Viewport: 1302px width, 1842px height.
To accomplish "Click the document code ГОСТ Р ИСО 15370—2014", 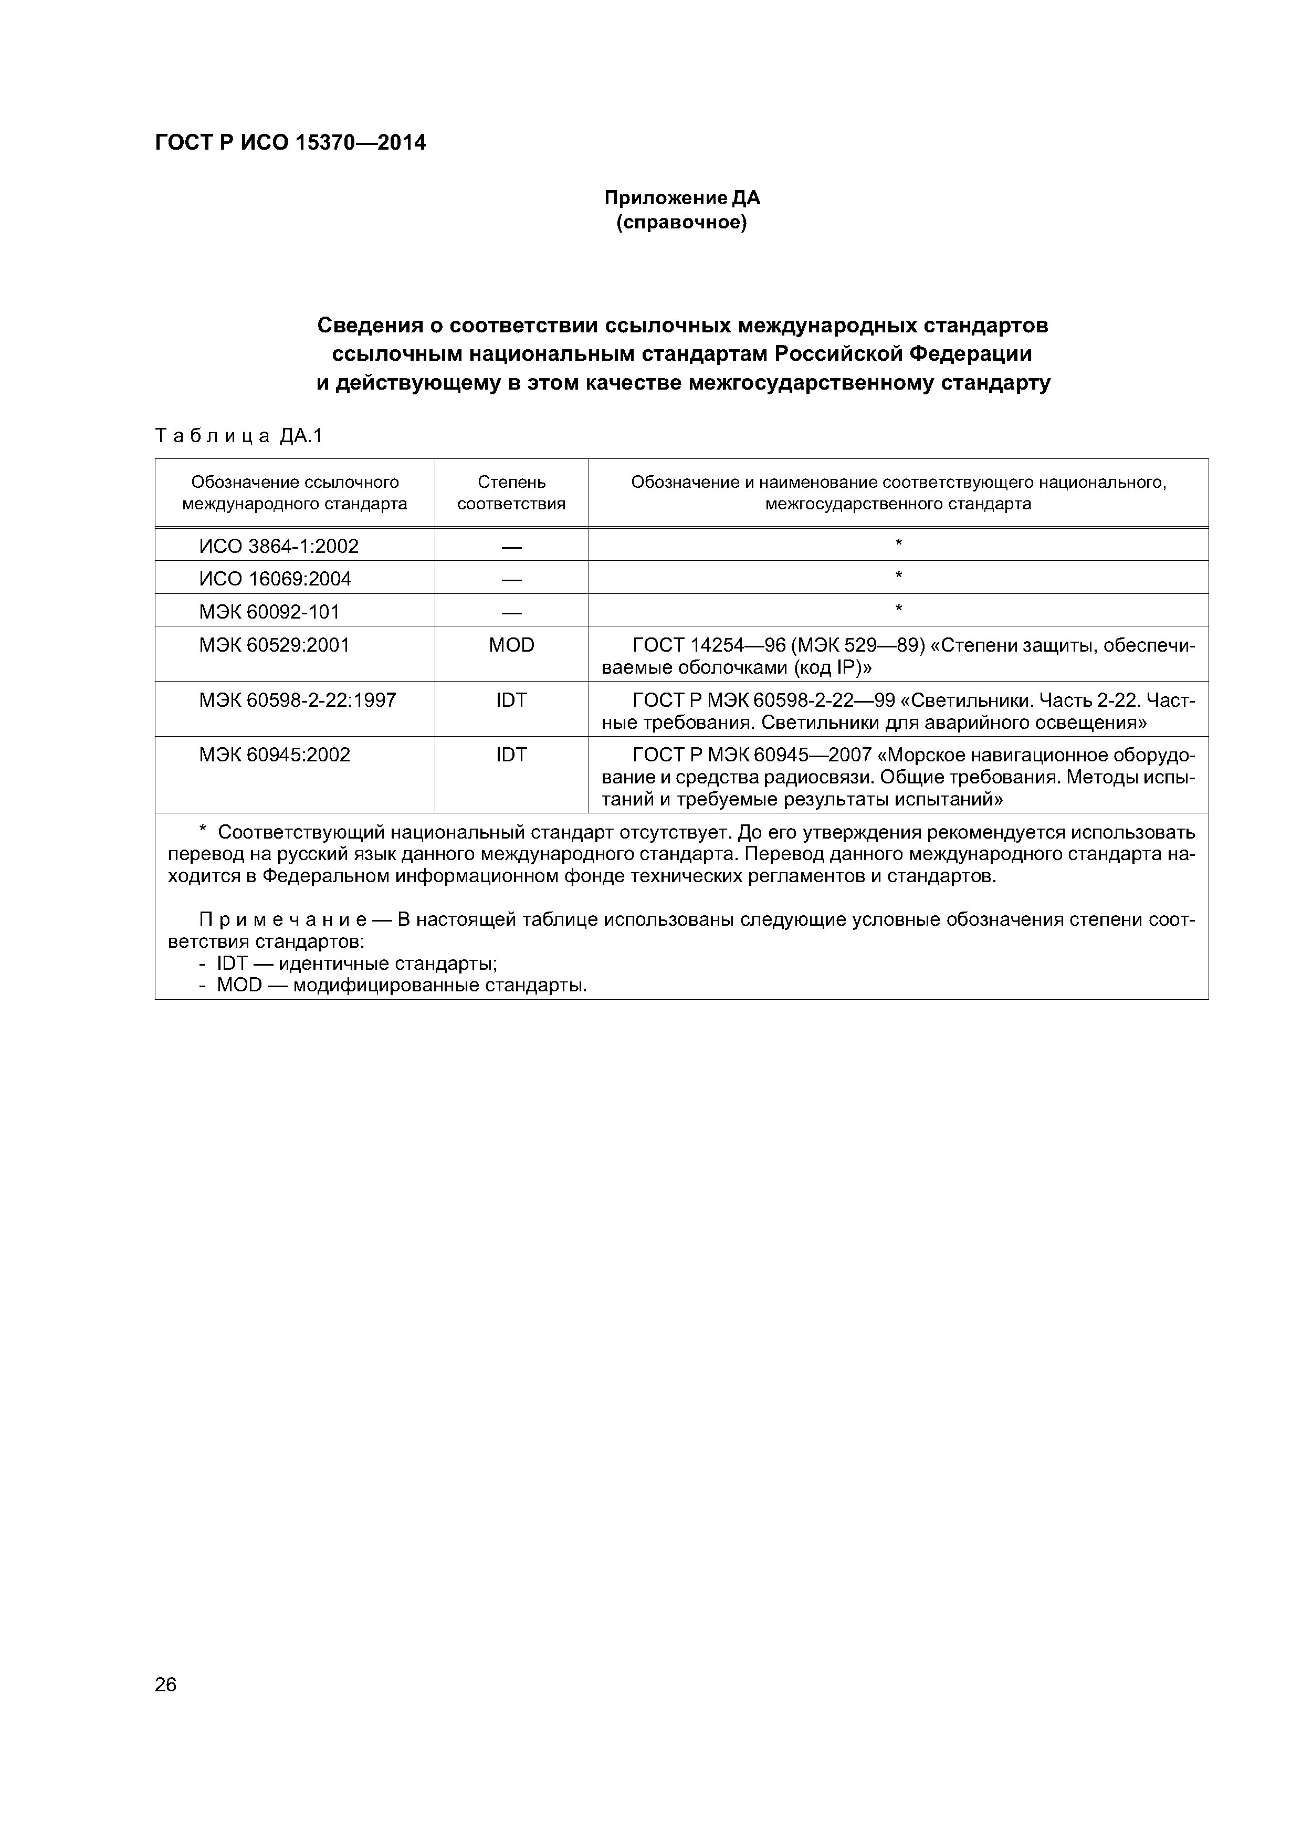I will point(290,143).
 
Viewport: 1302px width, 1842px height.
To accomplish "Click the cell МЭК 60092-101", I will point(269,612).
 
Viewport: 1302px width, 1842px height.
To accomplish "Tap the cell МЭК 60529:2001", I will point(275,645).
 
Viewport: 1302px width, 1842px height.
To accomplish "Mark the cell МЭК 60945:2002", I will point(275,755).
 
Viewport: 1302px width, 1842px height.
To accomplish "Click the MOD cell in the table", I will point(511,645).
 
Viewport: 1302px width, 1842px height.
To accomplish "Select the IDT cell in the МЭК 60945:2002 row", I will point(511,755).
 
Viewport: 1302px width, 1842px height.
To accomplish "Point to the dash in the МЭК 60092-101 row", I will point(511,613).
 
